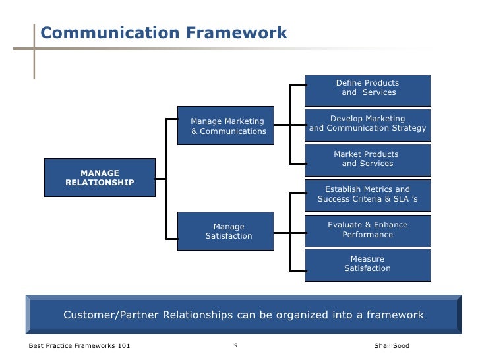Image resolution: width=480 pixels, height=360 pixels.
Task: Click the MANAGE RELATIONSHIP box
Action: tap(100, 177)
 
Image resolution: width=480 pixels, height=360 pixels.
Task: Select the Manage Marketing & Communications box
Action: tap(228, 126)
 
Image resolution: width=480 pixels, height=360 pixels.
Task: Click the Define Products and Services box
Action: tap(368, 90)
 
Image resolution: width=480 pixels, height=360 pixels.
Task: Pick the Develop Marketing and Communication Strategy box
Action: tap(368, 124)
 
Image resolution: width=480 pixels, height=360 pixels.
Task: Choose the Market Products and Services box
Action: tap(368, 160)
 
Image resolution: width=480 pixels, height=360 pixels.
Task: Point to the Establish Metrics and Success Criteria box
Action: tap(368, 195)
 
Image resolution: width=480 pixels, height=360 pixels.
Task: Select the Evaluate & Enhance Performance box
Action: tap(368, 229)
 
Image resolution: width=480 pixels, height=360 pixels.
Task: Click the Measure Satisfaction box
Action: tap(368, 264)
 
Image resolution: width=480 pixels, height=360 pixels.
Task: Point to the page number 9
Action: tap(235, 345)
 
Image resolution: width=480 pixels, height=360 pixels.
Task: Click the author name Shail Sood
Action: tap(391, 346)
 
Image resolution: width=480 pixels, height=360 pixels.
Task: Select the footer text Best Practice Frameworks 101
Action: tap(79, 346)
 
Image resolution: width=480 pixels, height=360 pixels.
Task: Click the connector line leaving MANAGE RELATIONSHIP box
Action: tap(160, 177)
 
